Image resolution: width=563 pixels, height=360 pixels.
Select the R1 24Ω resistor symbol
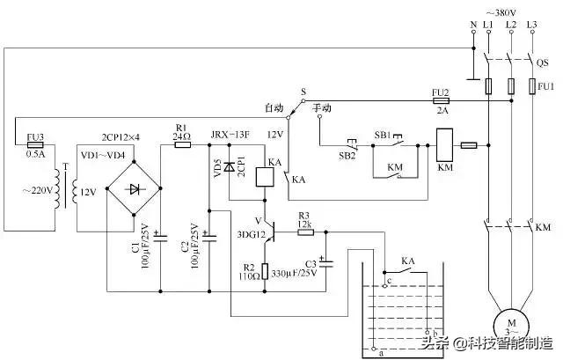(182, 143)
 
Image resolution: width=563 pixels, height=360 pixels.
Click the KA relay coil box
(265, 176)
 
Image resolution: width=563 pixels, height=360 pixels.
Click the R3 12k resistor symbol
(303, 231)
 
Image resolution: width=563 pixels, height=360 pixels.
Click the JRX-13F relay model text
(230, 134)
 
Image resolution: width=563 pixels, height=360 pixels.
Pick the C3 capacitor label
(311, 261)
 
